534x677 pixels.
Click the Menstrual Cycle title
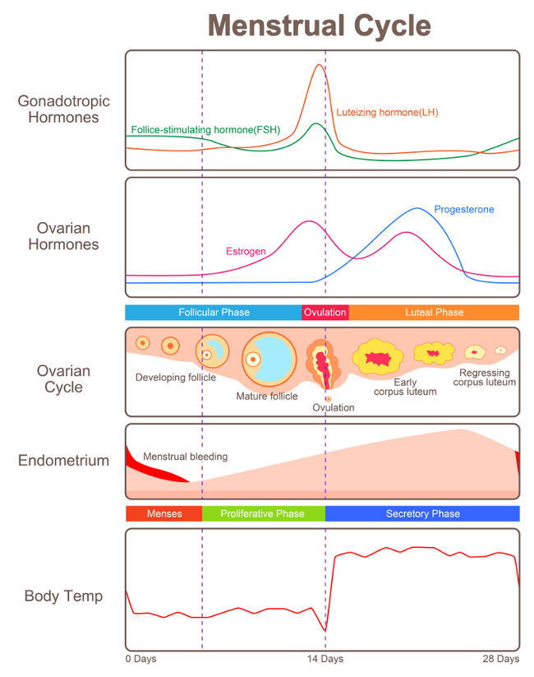tap(320, 26)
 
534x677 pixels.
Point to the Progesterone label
tap(464, 210)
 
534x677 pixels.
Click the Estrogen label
tap(246, 251)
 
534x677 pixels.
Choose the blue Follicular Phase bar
tap(214, 313)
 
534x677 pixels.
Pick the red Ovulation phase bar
tap(325, 313)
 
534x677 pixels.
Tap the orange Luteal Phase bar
tap(434, 313)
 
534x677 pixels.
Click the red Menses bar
tap(163, 513)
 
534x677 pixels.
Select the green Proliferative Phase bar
tap(263, 513)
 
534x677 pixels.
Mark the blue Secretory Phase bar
tap(422, 513)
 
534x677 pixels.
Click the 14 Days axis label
tap(325, 659)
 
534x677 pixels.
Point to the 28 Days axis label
tap(501, 659)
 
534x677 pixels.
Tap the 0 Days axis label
tap(140, 659)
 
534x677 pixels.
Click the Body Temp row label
tap(63, 596)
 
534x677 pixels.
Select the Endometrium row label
tap(63, 461)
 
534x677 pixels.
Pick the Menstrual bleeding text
tap(185, 457)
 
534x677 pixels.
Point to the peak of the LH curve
tap(320, 65)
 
